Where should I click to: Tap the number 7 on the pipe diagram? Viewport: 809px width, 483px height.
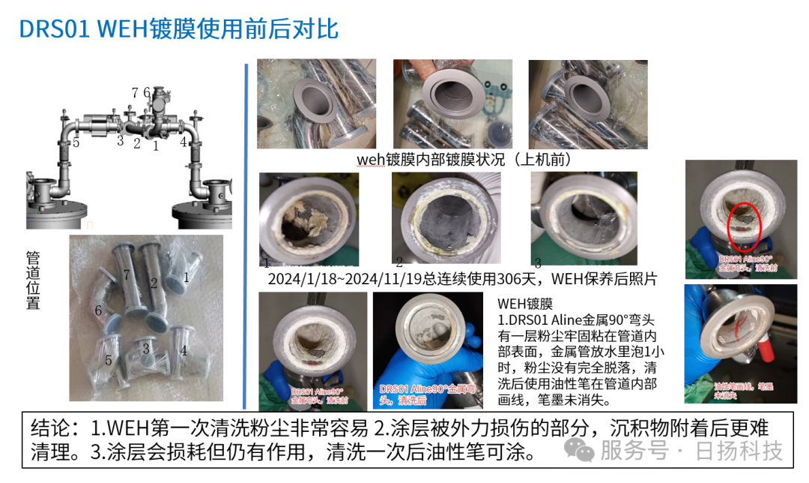135,93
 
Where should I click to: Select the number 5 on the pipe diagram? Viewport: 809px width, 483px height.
76,143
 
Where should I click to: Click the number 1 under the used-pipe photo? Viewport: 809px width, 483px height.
266,263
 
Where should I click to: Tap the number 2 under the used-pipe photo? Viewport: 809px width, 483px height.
399,262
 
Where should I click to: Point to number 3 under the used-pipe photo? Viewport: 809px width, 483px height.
537,262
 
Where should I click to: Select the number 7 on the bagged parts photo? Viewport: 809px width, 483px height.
127,274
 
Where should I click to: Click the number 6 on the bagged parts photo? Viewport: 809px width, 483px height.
98,310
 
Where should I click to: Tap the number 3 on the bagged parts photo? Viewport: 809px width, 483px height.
147,349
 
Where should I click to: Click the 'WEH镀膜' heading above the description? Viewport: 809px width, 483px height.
524,304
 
